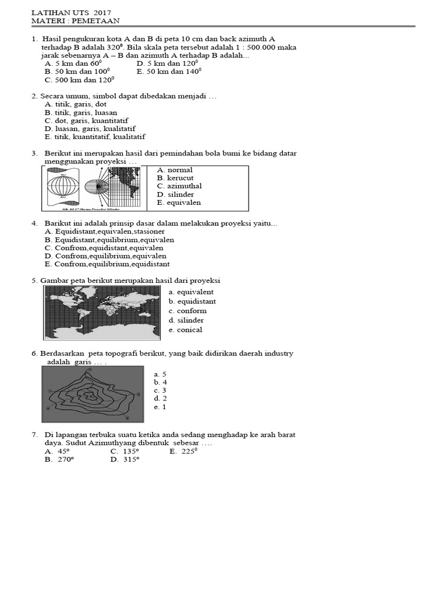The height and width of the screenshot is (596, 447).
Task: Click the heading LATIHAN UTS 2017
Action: [x=71, y=12]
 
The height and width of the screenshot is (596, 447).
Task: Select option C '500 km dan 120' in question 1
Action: [x=79, y=80]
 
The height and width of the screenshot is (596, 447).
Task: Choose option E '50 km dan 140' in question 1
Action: [x=169, y=72]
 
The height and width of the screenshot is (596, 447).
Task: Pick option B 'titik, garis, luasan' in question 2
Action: [x=81, y=112]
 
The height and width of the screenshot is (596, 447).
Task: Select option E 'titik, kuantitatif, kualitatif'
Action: [x=95, y=137]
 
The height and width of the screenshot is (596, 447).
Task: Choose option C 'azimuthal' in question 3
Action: [x=175, y=186]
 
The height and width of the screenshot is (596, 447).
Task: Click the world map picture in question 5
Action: [x=102, y=313]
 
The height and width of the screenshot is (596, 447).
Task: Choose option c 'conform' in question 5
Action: [x=187, y=311]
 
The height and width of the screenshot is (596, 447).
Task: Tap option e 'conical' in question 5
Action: [x=186, y=329]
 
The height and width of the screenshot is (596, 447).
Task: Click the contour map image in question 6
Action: [x=94, y=394]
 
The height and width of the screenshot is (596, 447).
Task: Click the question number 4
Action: [x=35, y=223]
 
